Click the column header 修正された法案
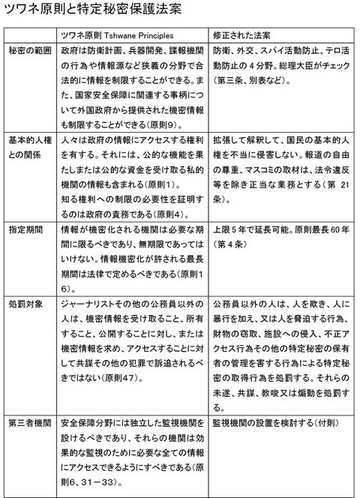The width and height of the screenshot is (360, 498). pos(241,36)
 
